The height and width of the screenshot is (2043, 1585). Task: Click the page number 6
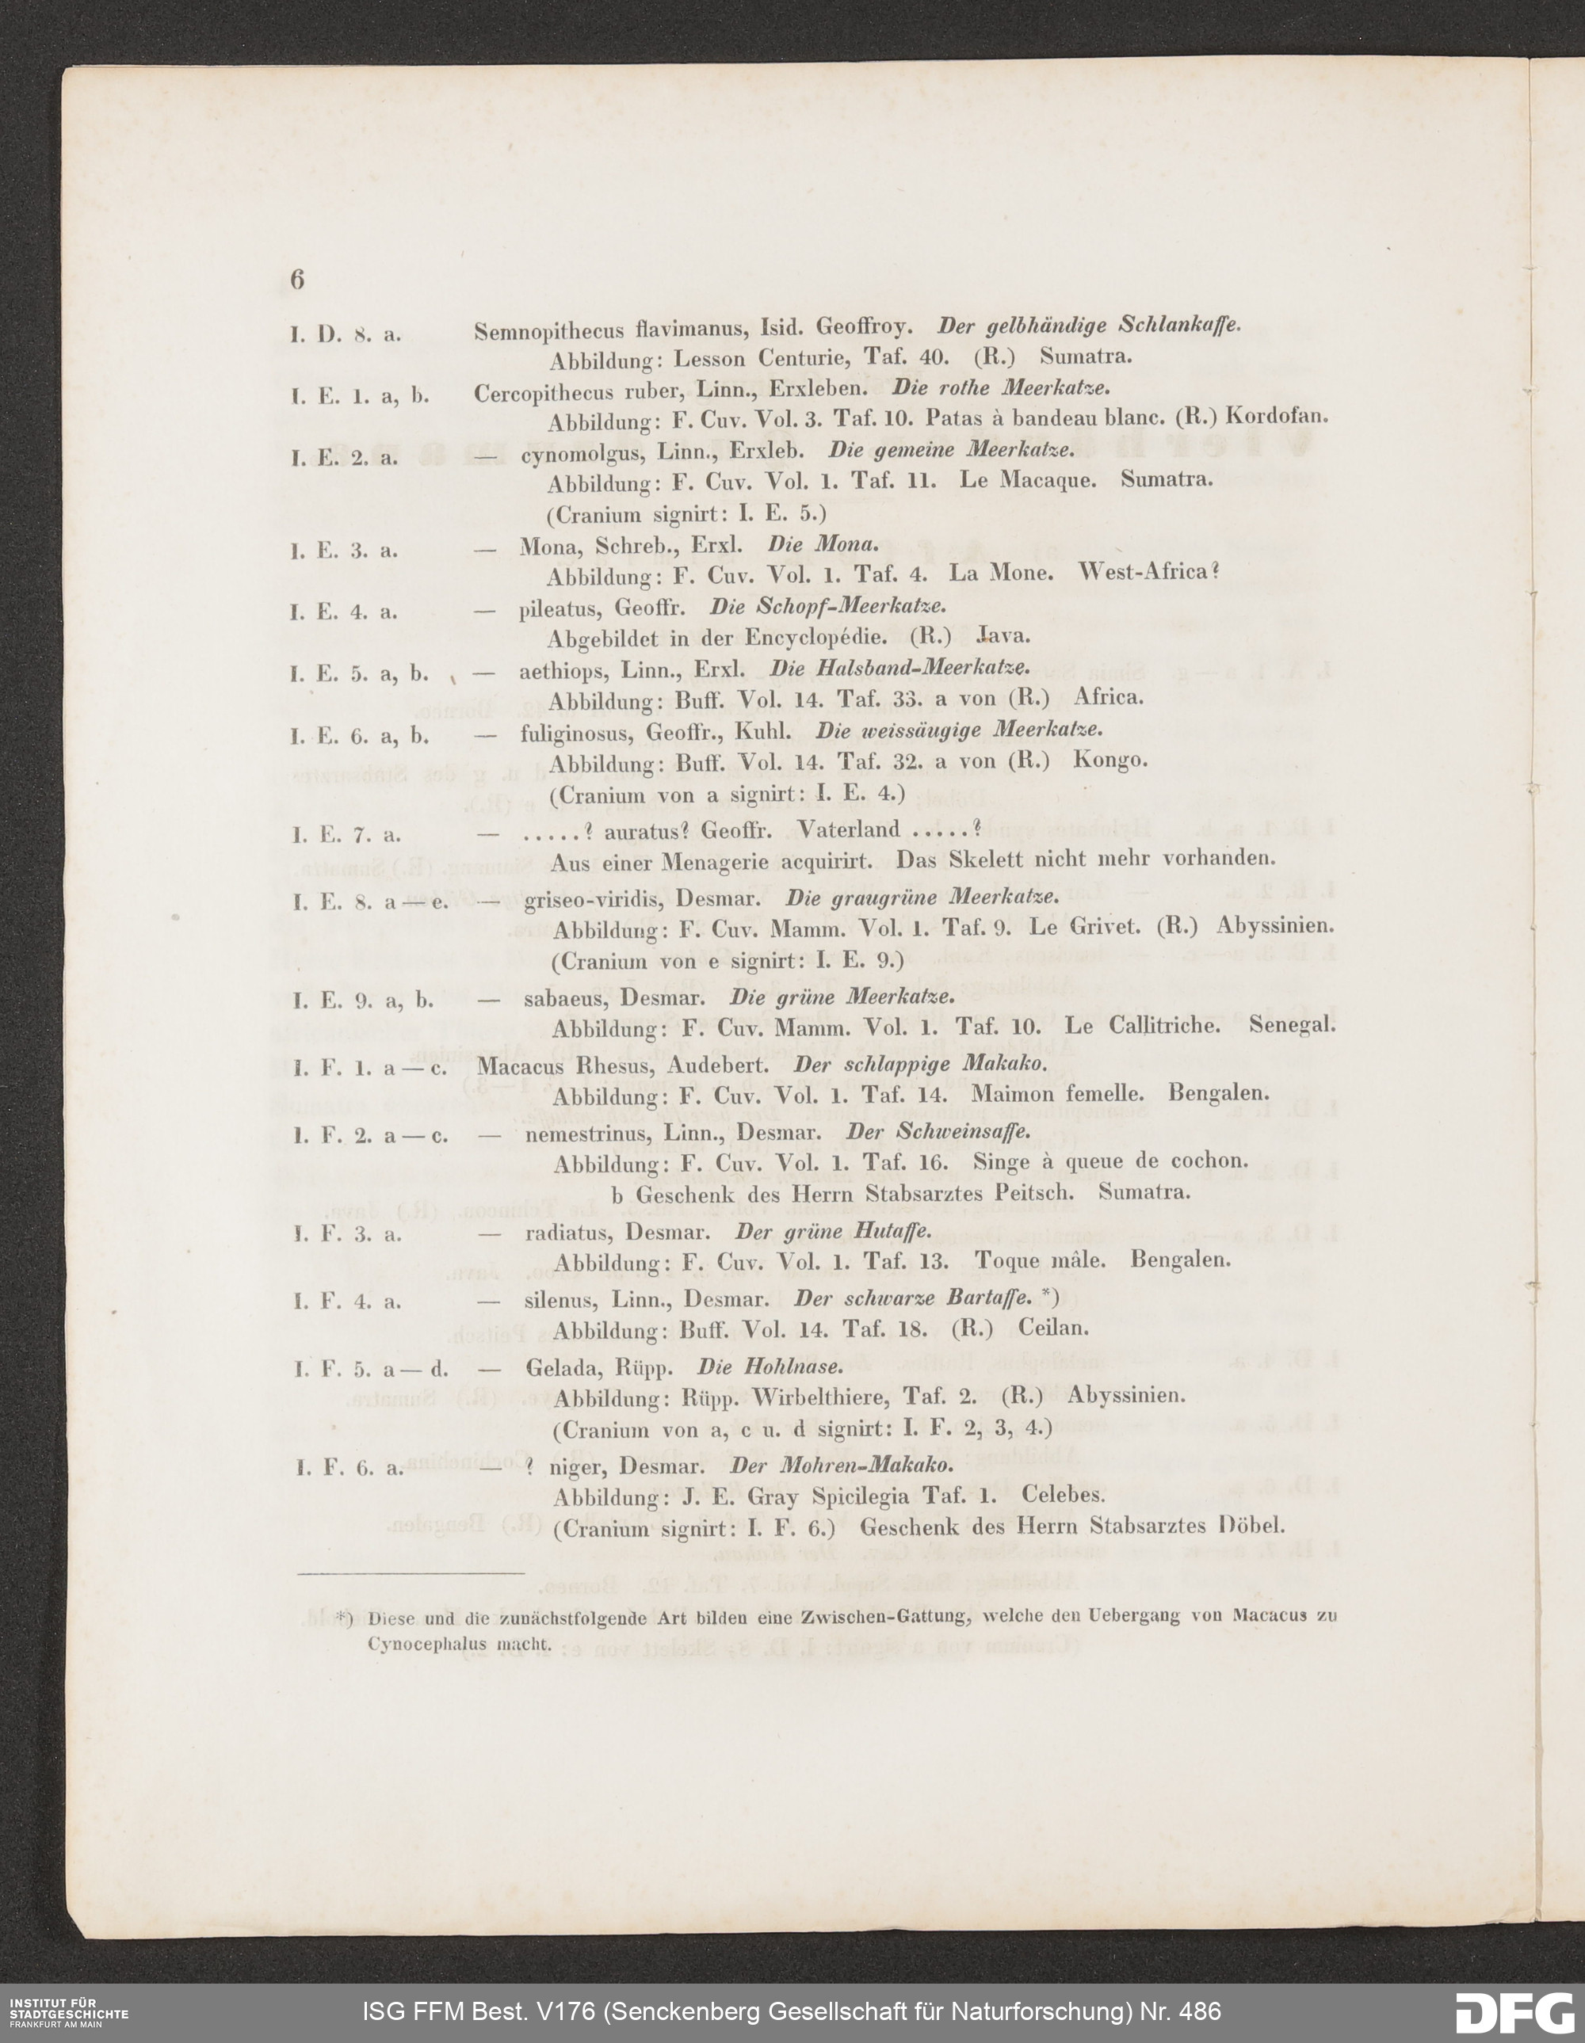pos(297,280)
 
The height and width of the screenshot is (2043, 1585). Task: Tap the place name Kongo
pos(1109,760)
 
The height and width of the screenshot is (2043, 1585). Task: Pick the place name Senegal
pos(1291,1024)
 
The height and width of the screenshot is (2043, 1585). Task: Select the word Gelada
pos(564,1369)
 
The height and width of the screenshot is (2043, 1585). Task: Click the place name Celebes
pos(1064,1494)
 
